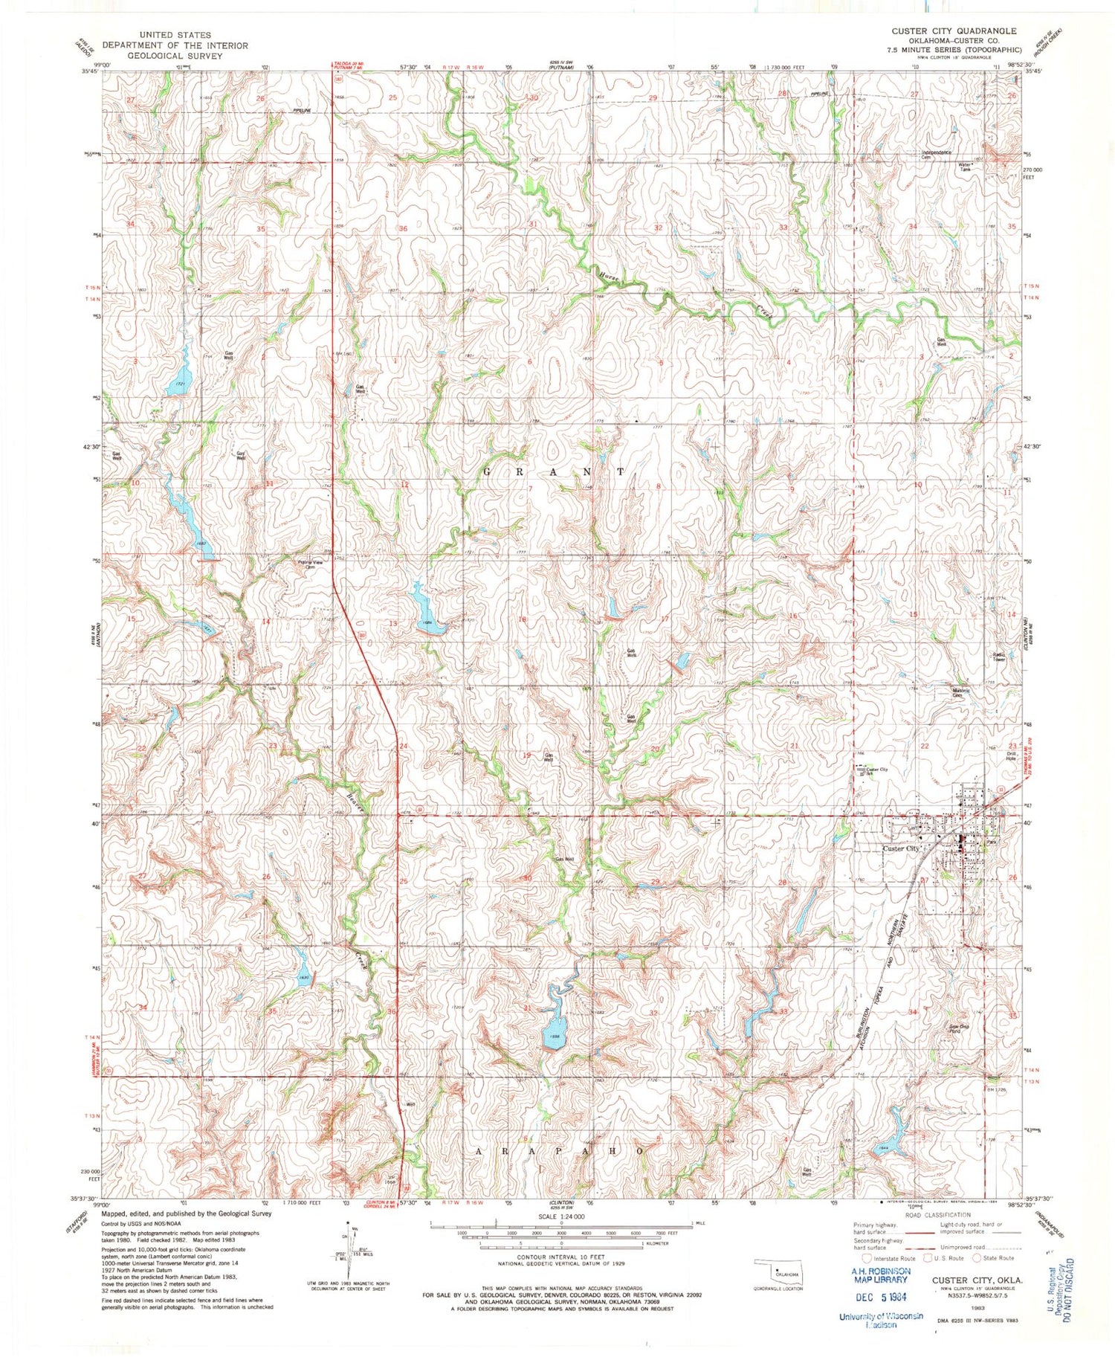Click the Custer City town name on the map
(x=900, y=848)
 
